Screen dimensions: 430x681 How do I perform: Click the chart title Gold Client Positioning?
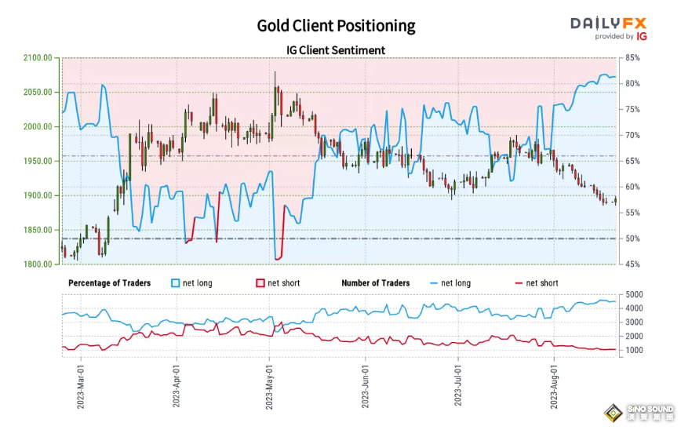336,26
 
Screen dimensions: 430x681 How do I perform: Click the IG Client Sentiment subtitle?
336,50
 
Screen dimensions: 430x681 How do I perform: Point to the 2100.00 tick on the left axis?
38,58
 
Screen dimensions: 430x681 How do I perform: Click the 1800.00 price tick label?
38,264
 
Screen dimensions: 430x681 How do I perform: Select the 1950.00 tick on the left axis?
38,161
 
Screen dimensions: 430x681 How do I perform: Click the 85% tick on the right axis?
633,58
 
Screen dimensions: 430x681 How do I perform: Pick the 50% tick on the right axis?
633,239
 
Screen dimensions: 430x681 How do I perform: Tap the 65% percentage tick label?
633,161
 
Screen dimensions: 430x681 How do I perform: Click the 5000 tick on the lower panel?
634,294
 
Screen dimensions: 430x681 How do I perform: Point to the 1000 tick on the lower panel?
634,350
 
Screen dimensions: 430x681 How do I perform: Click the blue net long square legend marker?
174,282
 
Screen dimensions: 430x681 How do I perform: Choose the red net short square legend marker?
260,282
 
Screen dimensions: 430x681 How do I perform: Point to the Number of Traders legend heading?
375,282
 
